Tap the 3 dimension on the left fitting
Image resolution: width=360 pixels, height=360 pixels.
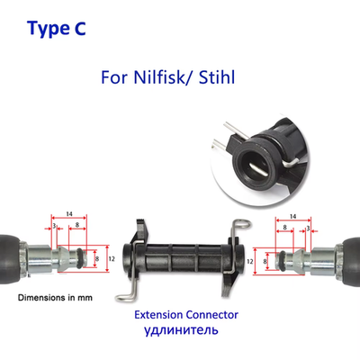point(54,226)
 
